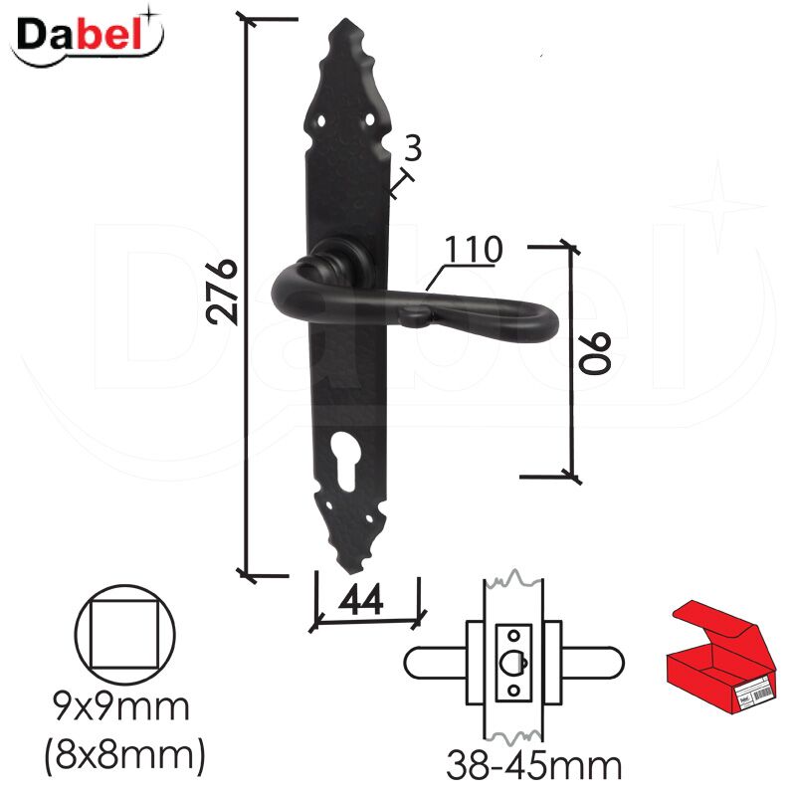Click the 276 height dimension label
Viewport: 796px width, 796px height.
(x=222, y=292)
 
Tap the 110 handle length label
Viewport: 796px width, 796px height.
(x=474, y=250)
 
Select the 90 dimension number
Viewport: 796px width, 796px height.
(x=595, y=354)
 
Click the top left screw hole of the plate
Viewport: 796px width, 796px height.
(x=321, y=121)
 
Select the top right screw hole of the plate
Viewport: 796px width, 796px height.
(x=369, y=119)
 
